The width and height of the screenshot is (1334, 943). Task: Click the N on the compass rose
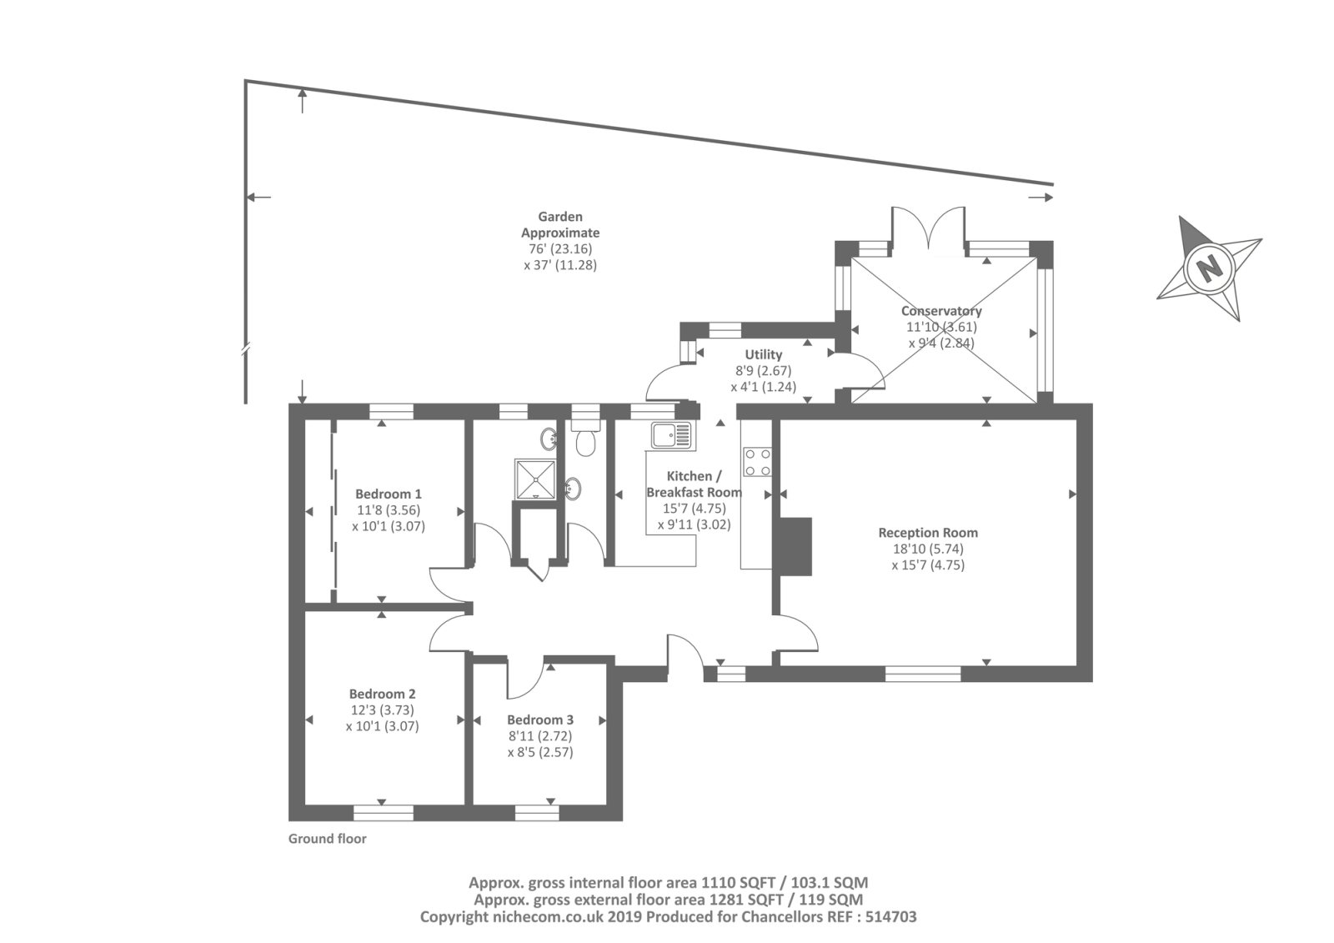coord(1210,268)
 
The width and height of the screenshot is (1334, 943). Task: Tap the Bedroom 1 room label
coord(389,494)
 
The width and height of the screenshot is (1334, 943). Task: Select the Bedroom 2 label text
coord(383,694)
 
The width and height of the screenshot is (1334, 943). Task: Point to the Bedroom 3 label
coord(540,720)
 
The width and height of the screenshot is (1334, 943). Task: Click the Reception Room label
coord(928,533)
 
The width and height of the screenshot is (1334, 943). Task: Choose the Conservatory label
coord(941,311)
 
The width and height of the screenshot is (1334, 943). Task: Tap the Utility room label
coord(764,355)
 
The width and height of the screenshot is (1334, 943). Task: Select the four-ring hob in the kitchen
coord(757,462)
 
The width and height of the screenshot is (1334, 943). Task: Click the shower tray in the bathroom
coord(535,479)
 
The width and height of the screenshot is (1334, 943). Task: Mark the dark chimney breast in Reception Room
coord(792,547)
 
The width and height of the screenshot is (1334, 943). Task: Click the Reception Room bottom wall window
coord(923,674)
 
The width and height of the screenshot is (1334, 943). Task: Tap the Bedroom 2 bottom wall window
coord(383,813)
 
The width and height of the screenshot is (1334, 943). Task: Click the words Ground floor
coord(328,839)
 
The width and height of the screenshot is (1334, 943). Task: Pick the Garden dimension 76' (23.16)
coord(560,249)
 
